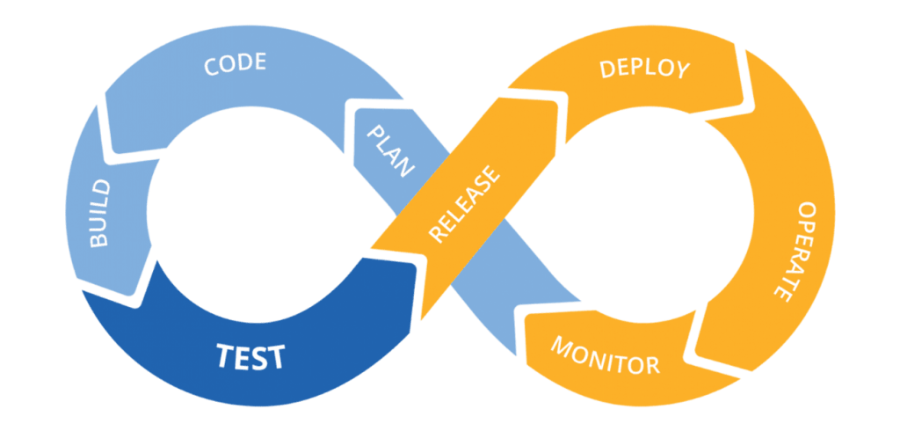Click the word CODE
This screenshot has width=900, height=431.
pos(235,67)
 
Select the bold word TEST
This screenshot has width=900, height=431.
pos(250,357)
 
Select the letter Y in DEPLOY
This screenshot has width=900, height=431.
pos(682,72)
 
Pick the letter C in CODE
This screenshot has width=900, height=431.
pos(212,69)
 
